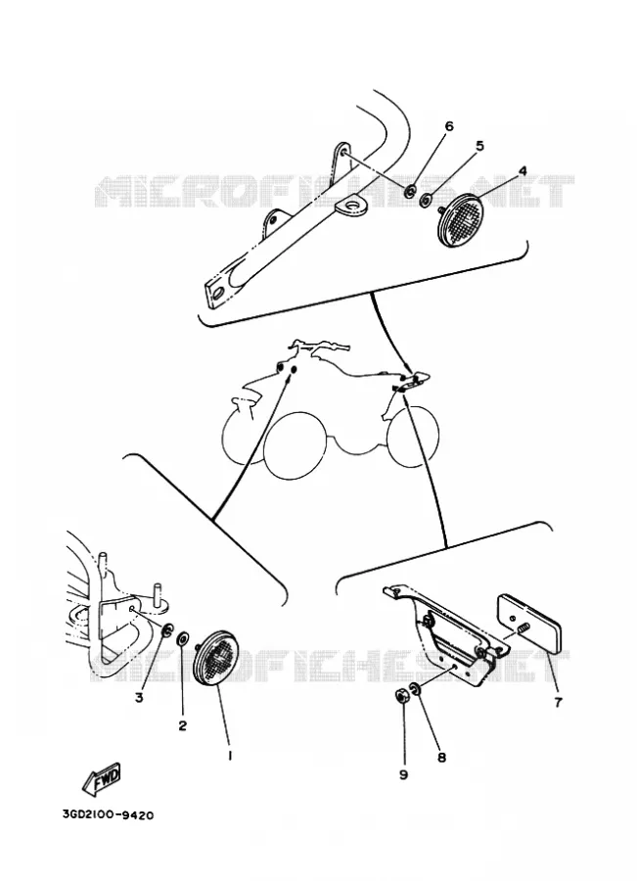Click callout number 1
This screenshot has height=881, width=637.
pos(230,756)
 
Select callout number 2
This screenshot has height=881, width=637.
pos(183,725)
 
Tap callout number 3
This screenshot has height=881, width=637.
pos(139,698)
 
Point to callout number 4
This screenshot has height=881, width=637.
pos(522,170)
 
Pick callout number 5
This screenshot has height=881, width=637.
pos(479,146)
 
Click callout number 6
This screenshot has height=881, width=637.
pos(449,126)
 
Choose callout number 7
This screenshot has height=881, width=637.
pos(558,702)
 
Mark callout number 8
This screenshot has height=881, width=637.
pos(441,758)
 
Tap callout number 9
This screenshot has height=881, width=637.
pos(403,774)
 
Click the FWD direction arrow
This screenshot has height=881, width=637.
pos(101,779)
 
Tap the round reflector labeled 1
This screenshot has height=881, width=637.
pos(215,656)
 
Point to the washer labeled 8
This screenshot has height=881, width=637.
pos(415,689)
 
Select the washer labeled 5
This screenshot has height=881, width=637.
pos(427,199)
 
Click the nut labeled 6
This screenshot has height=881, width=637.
pos(410,191)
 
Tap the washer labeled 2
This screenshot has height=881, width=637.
pos(183,639)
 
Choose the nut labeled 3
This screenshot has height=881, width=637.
pos(167,631)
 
